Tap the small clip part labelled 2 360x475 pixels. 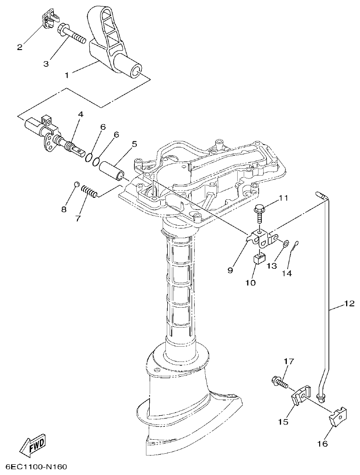pos(48,19)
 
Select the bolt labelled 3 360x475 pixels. pos(72,34)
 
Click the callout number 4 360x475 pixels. pos(80,114)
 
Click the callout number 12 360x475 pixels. pos(349,304)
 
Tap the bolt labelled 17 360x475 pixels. pos(279,382)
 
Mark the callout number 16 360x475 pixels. pos(322,444)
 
